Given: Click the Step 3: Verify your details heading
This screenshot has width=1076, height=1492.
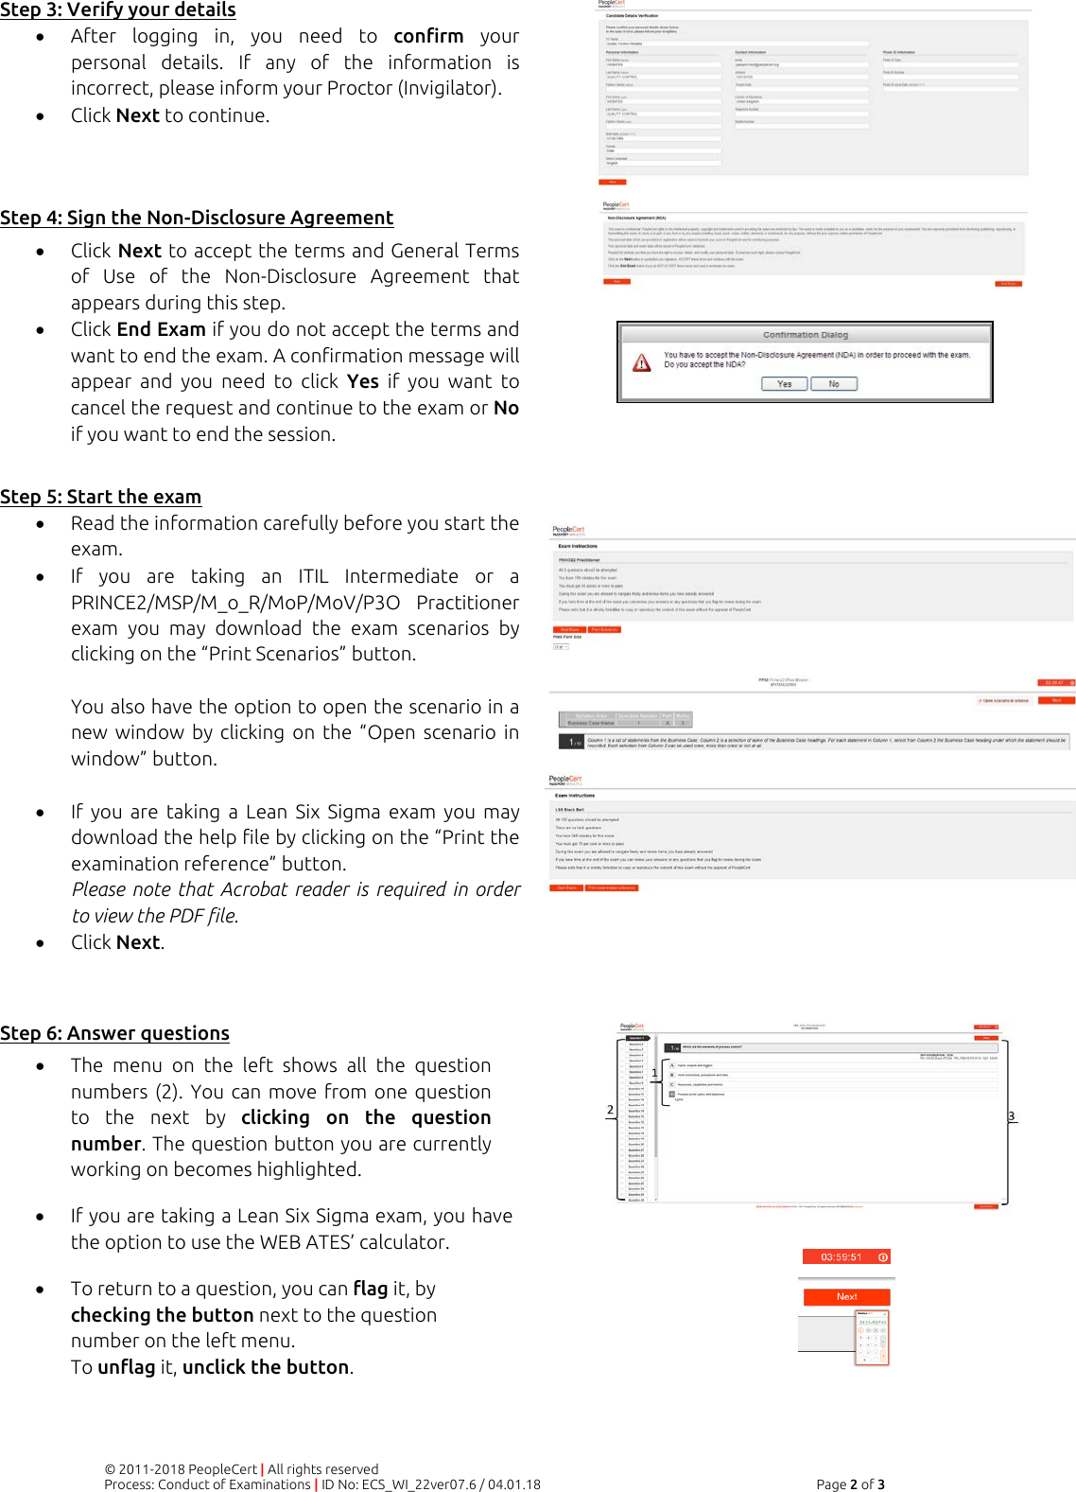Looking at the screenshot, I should pos(117,10).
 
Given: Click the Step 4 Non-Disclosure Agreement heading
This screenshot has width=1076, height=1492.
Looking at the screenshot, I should pos(197,218).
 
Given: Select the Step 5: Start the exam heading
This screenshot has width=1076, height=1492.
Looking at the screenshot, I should pos(100,497).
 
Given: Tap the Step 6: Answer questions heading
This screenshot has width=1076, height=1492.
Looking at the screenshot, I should pos(114,1033).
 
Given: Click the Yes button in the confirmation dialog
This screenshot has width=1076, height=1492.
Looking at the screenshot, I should pos(784,384).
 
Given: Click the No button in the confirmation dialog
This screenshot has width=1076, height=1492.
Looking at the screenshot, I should pos(834,384).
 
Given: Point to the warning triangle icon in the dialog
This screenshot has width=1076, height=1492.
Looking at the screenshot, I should pos(642,363).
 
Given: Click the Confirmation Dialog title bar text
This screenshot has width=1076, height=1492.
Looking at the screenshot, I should pos(805,335).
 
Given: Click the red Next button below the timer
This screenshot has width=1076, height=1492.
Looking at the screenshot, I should pos(846,1297).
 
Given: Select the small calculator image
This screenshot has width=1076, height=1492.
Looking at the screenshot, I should pos(872,1339).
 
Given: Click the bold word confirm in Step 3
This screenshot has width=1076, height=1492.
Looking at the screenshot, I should pos(428,36).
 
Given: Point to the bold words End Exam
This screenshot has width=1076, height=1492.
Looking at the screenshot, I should pos(161,329).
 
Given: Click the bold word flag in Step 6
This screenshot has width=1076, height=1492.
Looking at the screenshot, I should pos(370,1289).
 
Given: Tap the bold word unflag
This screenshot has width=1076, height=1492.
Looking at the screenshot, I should pos(126,1367).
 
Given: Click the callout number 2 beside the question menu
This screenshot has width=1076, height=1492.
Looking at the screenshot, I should pos(610,1110).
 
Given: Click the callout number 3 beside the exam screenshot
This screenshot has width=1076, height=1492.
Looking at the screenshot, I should pos(1011,1116).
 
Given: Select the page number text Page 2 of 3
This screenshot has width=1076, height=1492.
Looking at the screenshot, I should pos(850,1484).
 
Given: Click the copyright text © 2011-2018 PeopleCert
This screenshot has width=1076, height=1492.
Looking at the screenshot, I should pos(181,1469).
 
